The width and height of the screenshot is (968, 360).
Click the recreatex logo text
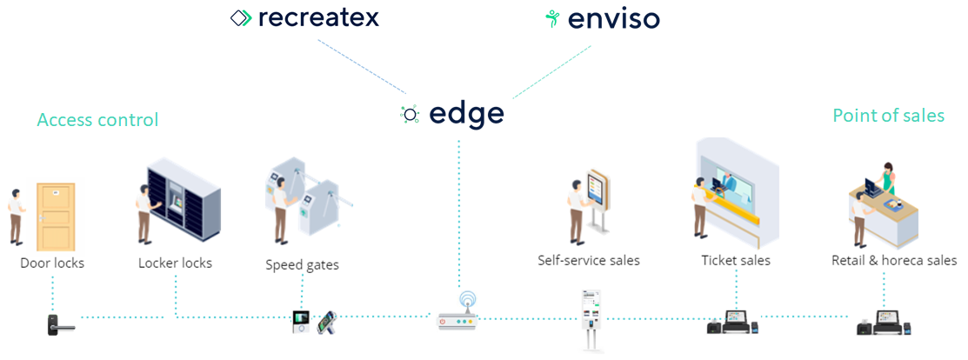318,17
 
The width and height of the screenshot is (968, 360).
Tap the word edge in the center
466,115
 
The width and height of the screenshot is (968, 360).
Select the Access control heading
97,120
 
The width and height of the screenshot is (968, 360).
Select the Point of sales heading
888,116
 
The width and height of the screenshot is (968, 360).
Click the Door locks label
52,262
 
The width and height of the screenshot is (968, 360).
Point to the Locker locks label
175,263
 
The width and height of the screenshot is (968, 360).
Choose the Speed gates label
302,264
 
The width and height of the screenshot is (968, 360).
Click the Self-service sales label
588,260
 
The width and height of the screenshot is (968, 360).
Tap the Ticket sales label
736,260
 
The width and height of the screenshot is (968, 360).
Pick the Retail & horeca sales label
894,260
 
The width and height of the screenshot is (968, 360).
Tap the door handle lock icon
59,323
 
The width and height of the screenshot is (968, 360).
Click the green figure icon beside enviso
551,18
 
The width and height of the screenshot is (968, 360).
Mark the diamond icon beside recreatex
241,18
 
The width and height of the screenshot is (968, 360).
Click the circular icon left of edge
410,115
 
